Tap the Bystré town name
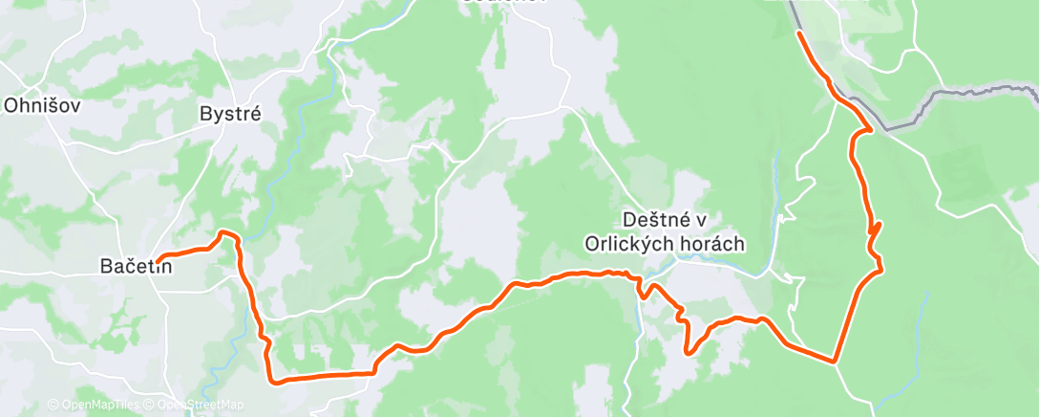pyautogui.click(x=230, y=113)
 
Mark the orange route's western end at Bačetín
pyautogui.click(x=159, y=256)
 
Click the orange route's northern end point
pyautogui.click(x=798, y=33)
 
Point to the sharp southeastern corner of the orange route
pyautogui.click(x=835, y=362)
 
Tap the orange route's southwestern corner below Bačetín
pyautogui.click(x=274, y=382)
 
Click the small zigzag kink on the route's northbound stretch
pyautogui.click(x=876, y=230)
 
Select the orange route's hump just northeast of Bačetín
pyautogui.click(x=226, y=232)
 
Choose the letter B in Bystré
pyautogui.click(x=204, y=113)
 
